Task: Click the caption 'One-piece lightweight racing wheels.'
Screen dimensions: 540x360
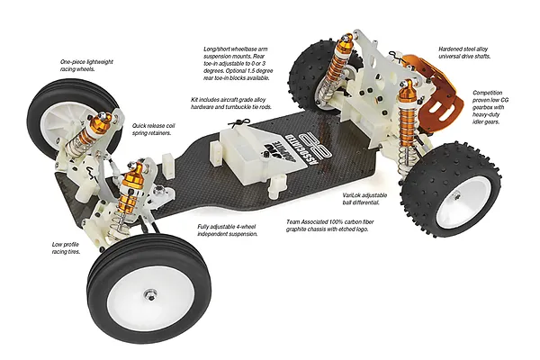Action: (86, 66)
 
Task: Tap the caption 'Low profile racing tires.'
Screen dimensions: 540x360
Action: (66, 248)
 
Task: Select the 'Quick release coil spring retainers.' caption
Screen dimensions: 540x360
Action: (153, 130)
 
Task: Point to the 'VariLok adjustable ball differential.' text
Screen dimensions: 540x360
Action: (364, 199)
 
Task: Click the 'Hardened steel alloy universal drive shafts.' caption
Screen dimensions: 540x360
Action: (464, 53)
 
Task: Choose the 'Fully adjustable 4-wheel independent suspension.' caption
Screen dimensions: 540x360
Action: (228, 230)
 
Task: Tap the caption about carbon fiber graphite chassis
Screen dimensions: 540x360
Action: (330, 226)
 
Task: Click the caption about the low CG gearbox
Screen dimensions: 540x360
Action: (490, 107)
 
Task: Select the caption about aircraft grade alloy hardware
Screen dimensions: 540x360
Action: (231, 103)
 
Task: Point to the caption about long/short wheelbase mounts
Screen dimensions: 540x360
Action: (238, 64)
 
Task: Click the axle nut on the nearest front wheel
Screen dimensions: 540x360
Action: (150, 294)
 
